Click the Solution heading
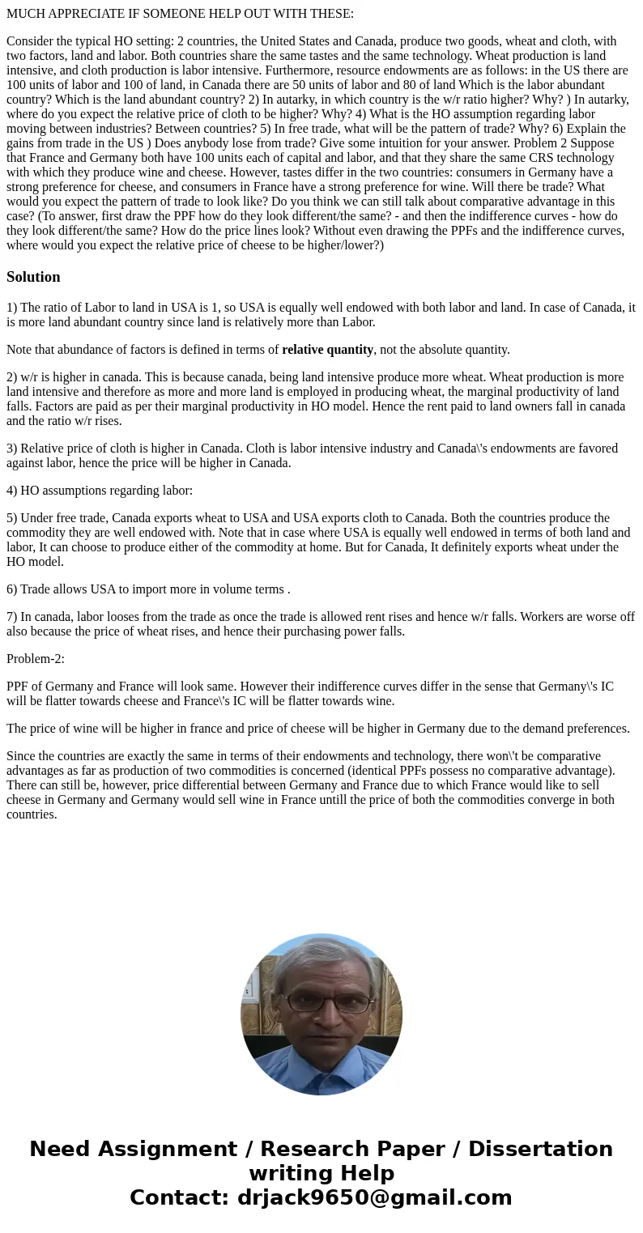(x=33, y=277)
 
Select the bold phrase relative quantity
(x=327, y=350)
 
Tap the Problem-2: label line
(x=36, y=658)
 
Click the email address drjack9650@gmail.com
(x=374, y=1197)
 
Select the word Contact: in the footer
(x=179, y=1197)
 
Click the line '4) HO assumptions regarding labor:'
(x=100, y=490)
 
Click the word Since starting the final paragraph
(x=22, y=755)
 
